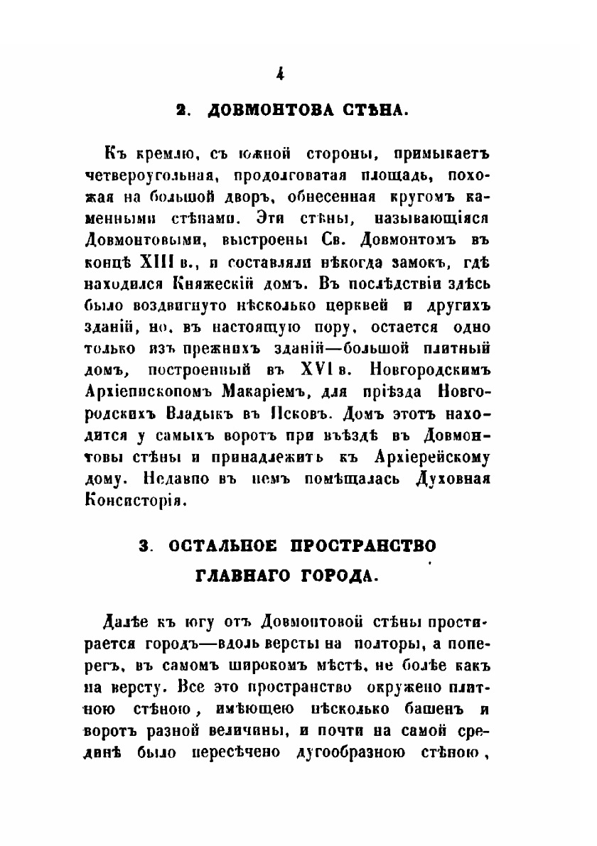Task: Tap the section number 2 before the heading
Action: pyautogui.click(x=182, y=111)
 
